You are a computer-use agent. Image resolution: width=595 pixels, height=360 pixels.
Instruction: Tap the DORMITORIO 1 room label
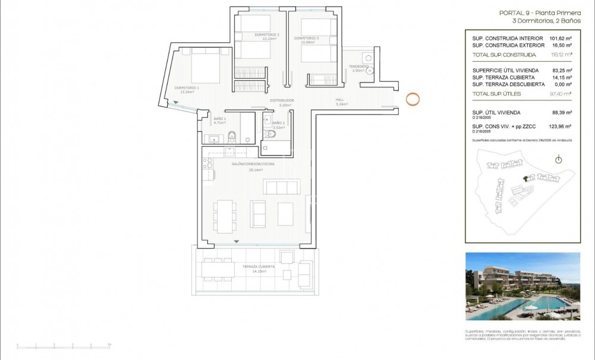coord(186,88)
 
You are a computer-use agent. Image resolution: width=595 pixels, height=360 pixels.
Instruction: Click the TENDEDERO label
coord(358,66)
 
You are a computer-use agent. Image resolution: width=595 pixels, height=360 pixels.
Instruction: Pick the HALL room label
coord(340,99)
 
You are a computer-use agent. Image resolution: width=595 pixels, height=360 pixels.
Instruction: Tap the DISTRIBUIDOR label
coord(282,100)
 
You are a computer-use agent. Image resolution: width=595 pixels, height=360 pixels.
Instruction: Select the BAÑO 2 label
coord(278,123)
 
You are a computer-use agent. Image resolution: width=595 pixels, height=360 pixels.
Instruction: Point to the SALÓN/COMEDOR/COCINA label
coord(253,163)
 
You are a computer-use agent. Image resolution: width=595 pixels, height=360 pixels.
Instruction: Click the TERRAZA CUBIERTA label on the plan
coord(258,267)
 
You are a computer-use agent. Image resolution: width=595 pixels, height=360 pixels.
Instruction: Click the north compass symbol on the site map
coord(558,159)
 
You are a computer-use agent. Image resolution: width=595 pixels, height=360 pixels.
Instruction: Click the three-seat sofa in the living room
coord(281,187)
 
